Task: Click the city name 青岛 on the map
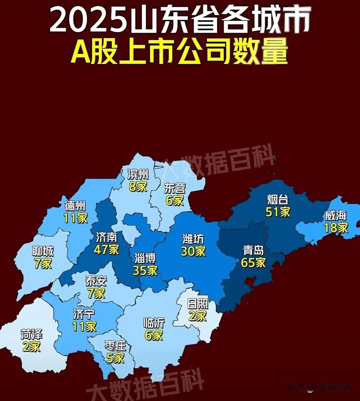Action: click(253, 250)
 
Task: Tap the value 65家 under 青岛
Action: click(253, 262)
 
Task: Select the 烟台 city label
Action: click(277, 200)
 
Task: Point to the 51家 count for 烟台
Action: click(278, 212)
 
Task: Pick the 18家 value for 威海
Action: click(336, 228)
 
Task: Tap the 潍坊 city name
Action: click(193, 239)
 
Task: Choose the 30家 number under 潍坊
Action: click(193, 251)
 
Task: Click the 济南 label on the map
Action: click(106, 237)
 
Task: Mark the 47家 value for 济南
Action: click(106, 250)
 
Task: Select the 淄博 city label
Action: click(145, 258)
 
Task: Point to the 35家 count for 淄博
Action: click(145, 270)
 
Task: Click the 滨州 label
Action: click(138, 174)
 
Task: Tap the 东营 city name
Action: click(175, 188)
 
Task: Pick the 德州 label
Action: click(75, 206)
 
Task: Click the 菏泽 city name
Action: click(32, 334)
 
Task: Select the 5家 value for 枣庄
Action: click(115, 358)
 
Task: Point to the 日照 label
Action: click(198, 304)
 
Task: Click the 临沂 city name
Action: click(154, 323)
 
